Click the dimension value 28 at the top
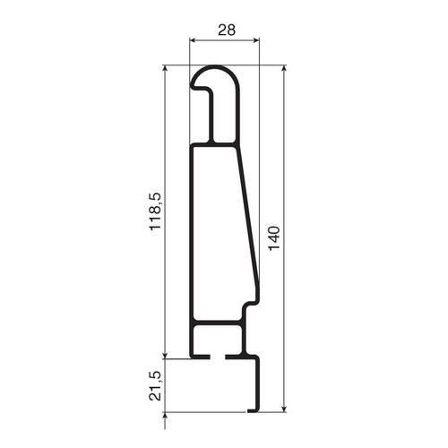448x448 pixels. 226,30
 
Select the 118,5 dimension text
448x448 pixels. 155,212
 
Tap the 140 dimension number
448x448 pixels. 274,237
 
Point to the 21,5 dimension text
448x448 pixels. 155,384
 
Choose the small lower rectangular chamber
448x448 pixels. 217,339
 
